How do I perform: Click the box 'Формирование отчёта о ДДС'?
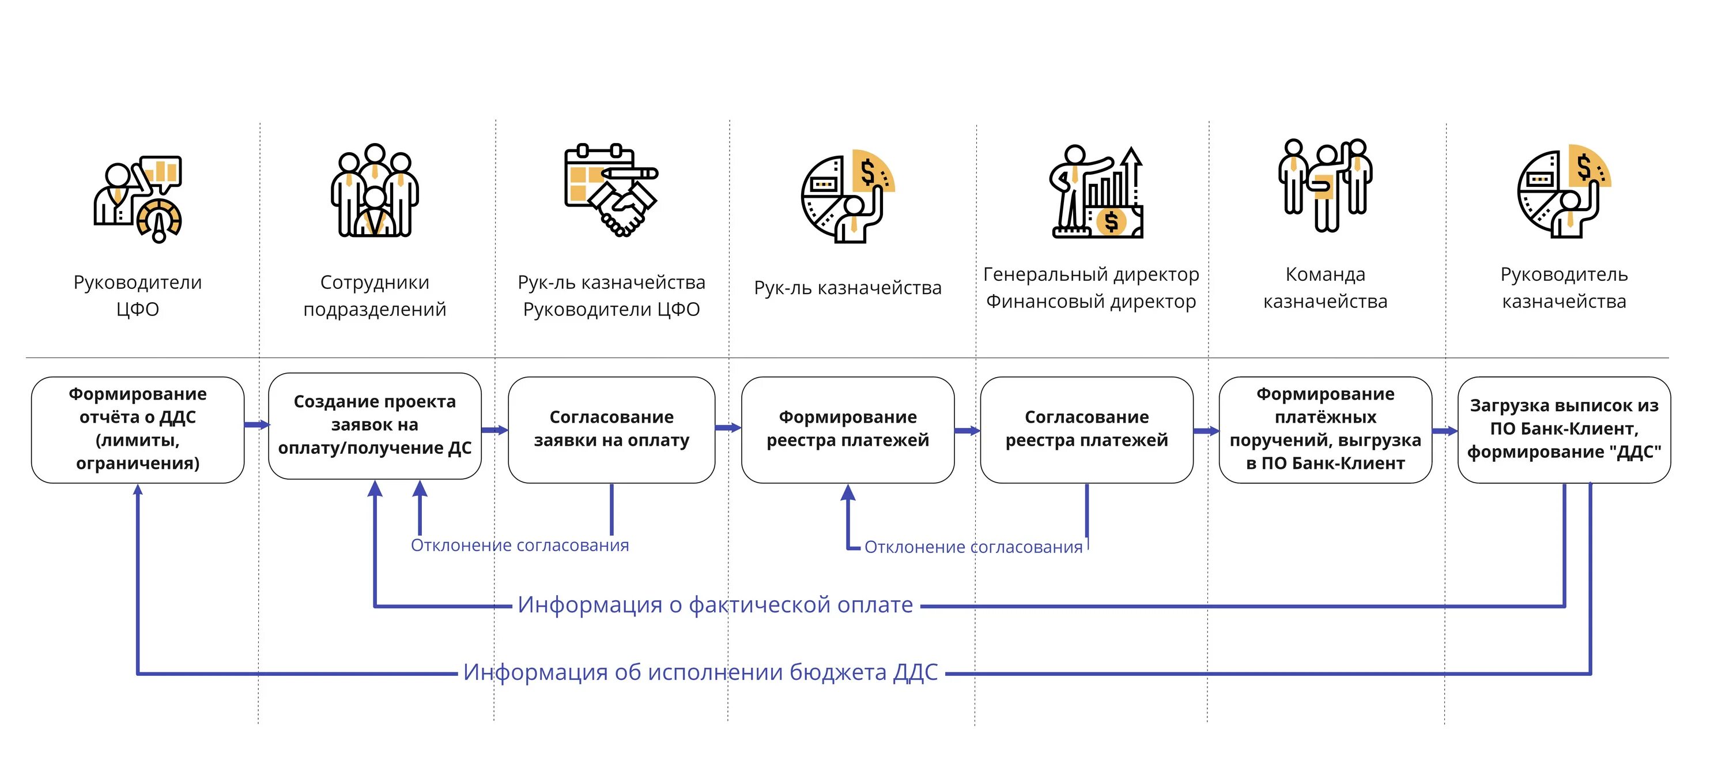click(138, 429)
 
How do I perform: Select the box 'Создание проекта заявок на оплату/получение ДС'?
click(375, 425)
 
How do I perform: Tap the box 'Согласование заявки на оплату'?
click(611, 429)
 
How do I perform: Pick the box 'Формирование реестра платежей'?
click(848, 429)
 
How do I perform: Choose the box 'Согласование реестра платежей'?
click(1086, 429)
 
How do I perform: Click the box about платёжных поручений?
click(1325, 429)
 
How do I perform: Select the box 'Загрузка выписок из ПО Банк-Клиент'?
click(1564, 429)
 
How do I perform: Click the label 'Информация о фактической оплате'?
click(715, 605)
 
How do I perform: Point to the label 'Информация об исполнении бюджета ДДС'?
click(700, 672)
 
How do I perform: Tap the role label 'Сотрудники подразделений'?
click(375, 295)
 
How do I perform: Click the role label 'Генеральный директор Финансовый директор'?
click(1090, 288)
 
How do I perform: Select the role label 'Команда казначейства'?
click(1325, 288)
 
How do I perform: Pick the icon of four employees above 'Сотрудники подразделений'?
click(375, 191)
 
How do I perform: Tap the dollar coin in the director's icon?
click(1112, 221)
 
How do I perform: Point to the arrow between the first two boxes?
click(256, 424)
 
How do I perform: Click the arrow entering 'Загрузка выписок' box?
click(1444, 431)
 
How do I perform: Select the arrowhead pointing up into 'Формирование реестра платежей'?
click(848, 494)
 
